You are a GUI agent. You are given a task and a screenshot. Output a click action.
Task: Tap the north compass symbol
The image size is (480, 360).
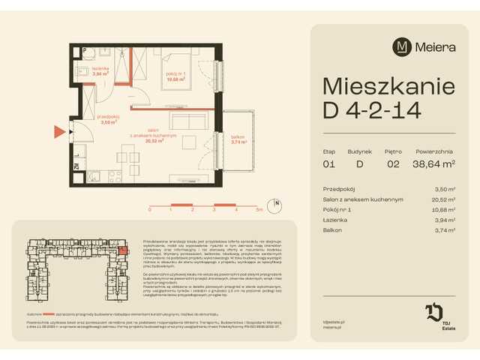pyautogui.click(x=277, y=202)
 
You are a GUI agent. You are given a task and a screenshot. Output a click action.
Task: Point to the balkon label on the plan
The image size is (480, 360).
pyautogui.click(x=238, y=137)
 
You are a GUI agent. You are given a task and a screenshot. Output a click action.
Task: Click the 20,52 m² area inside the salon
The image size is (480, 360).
pyautogui.click(x=156, y=140)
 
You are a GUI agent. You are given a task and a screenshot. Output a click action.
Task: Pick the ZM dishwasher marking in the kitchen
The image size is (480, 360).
pyautogui.click(x=76, y=168)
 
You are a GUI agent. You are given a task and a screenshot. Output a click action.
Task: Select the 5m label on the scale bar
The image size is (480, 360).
pyautogui.click(x=258, y=211)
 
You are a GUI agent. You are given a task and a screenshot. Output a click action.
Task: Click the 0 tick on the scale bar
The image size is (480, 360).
pyautogui.click(x=150, y=211)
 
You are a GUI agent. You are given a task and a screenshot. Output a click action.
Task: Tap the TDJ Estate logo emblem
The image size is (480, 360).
pyautogui.click(x=435, y=312)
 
